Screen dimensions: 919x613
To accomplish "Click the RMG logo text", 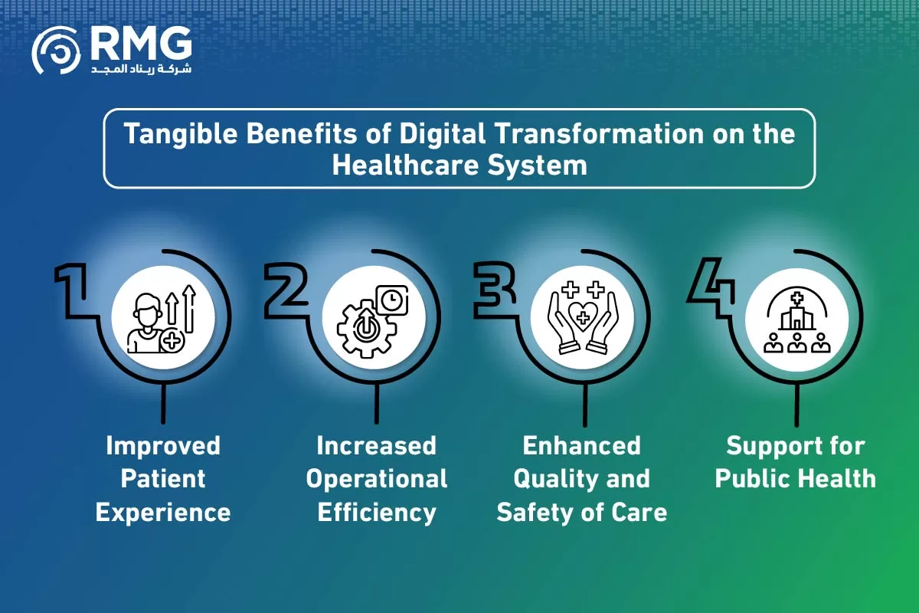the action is (x=141, y=43).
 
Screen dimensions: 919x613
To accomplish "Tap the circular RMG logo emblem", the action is (x=56, y=51).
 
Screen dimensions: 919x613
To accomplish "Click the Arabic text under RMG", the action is (x=141, y=68).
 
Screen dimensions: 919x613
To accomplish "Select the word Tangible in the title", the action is (x=181, y=134).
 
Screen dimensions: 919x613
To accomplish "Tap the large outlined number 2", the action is (x=286, y=290).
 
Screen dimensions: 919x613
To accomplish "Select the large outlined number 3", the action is (x=495, y=290).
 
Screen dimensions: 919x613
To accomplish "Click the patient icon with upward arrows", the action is (x=162, y=319).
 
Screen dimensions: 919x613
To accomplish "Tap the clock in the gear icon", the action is (x=392, y=300).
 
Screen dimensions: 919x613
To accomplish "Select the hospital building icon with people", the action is (x=796, y=320).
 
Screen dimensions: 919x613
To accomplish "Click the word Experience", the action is (x=163, y=513).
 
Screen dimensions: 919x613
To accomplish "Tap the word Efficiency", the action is (x=377, y=513).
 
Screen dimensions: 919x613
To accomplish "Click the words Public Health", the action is (x=796, y=479).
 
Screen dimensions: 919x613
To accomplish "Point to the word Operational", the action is (x=377, y=480).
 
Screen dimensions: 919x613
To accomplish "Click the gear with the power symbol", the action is (x=366, y=329).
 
